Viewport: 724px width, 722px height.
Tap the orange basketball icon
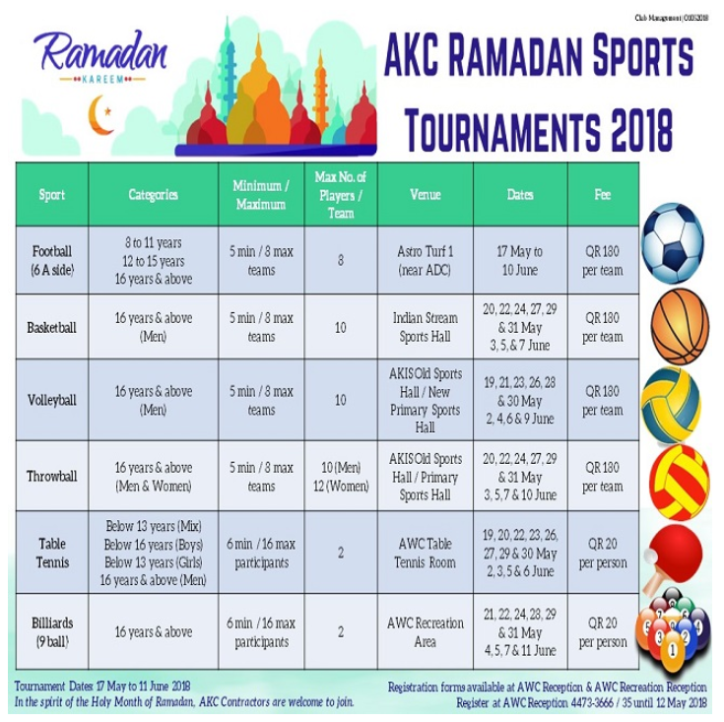(679, 326)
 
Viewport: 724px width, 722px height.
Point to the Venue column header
(426, 195)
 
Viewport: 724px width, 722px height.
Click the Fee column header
(603, 195)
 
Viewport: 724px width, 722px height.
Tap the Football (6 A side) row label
(52, 261)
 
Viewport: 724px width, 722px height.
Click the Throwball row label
(52, 477)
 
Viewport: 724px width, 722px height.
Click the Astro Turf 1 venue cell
(426, 261)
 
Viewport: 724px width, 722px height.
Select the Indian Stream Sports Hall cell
(426, 327)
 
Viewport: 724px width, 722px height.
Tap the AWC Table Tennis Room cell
(426, 554)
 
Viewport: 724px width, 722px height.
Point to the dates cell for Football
(520, 261)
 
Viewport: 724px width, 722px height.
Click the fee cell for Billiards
(603, 632)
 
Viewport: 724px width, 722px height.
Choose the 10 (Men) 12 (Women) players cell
(341, 477)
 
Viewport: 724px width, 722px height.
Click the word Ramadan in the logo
(99, 50)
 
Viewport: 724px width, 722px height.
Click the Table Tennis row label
(52, 554)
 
